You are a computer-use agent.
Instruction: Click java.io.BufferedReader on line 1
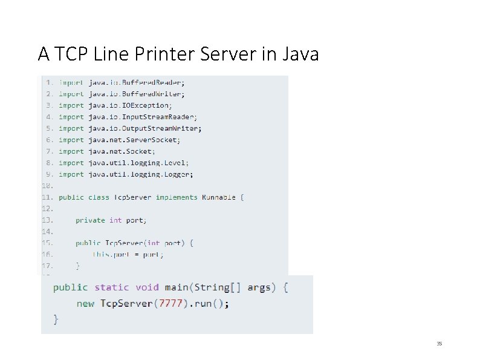(x=137, y=82)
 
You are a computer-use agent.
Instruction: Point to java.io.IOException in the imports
(x=130, y=105)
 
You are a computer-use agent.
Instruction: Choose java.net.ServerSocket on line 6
(x=134, y=140)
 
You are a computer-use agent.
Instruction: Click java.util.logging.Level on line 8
(x=138, y=163)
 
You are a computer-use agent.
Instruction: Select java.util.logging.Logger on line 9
(x=141, y=174)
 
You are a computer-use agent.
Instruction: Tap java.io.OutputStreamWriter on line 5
(x=145, y=128)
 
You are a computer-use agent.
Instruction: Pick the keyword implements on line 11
(x=177, y=197)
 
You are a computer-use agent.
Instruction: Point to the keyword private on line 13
(x=90, y=220)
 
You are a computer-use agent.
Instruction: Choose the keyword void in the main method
(x=147, y=287)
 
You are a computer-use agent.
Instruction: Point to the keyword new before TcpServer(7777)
(x=85, y=304)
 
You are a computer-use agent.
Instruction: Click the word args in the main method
(x=259, y=287)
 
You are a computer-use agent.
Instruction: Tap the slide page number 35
(x=439, y=344)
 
